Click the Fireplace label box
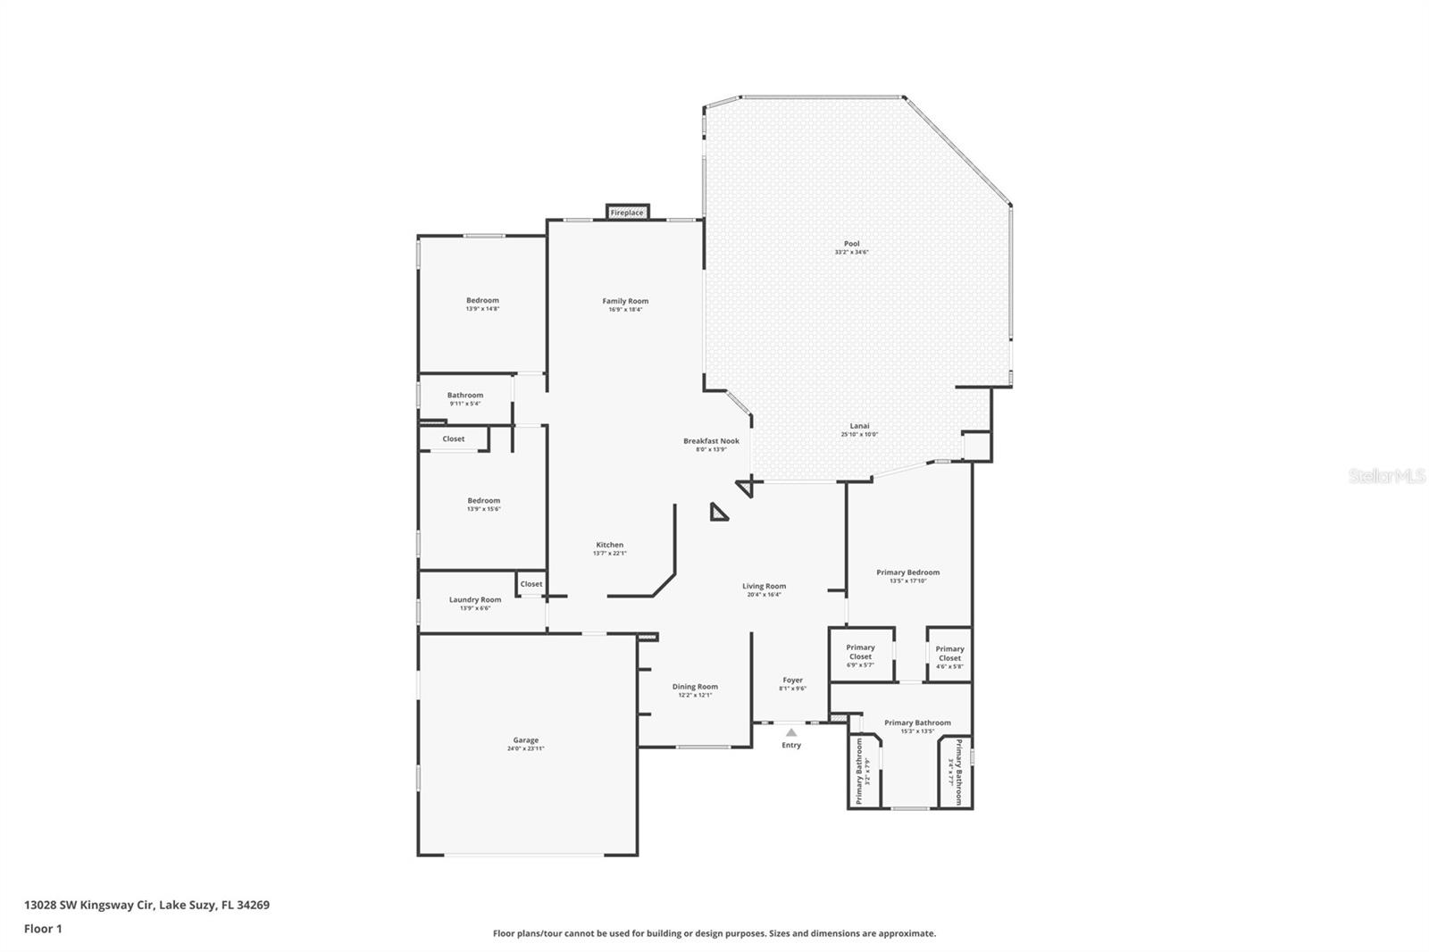[x=627, y=213]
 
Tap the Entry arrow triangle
[x=790, y=732]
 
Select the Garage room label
[x=525, y=739]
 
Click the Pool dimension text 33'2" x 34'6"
[x=851, y=253]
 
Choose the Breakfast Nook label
[x=711, y=440]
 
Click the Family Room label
[x=625, y=301]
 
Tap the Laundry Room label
[x=475, y=599]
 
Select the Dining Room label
[x=695, y=687]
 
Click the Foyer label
[x=792, y=680]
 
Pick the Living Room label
[x=764, y=586]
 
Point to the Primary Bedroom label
[x=907, y=572]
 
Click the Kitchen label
[x=610, y=545]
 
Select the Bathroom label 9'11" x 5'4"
[x=465, y=395]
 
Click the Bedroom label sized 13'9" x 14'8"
[x=482, y=300]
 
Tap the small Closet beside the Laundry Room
[x=531, y=584]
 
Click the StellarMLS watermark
[x=1386, y=477]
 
